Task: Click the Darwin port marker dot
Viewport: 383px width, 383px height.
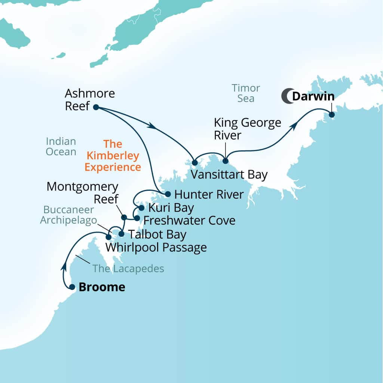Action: (x=331, y=114)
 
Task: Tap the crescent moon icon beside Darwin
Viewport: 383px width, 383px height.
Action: (x=287, y=96)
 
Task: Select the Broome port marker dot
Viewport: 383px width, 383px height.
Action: (x=72, y=287)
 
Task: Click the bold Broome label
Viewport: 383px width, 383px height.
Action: (x=102, y=287)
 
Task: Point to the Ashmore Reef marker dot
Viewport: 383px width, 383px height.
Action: (x=96, y=107)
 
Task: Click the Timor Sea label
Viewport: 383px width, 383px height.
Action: (x=246, y=93)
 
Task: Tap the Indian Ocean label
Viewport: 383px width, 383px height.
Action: (x=61, y=147)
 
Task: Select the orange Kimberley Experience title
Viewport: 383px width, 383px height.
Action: (x=113, y=156)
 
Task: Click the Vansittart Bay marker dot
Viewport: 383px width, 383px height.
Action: (x=194, y=163)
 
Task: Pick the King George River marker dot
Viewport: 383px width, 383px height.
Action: (x=225, y=161)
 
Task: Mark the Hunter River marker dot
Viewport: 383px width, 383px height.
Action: (x=168, y=194)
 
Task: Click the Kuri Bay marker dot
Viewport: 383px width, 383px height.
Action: (x=141, y=208)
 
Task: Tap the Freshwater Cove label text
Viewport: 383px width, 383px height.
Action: (x=189, y=220)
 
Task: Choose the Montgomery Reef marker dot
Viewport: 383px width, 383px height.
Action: (x=124, y=217)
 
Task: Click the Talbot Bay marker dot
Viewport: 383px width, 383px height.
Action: (x=121, y=234)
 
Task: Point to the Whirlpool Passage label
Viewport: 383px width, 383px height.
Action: (x=156, y=247)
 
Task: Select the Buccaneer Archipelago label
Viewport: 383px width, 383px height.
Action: (x=68, y=215)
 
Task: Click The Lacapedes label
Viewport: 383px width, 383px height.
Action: (x=128, y=269)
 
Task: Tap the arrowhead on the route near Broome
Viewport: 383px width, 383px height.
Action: (x=64, y=267)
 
